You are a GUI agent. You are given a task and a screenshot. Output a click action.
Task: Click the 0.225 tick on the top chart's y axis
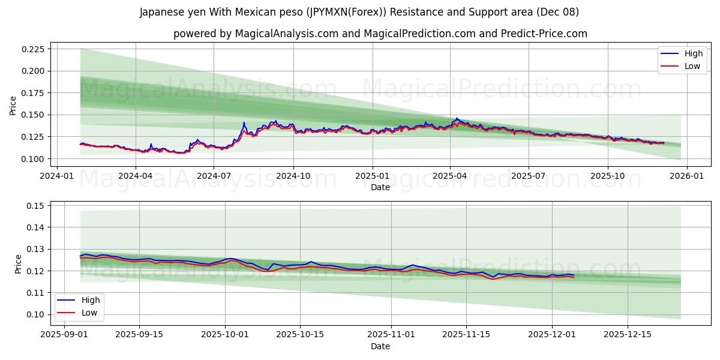[x=34, y=49]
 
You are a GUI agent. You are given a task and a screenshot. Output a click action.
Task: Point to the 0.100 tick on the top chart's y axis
[x=34, y=159]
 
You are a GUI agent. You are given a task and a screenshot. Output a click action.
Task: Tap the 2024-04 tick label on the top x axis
[x=135, y=176]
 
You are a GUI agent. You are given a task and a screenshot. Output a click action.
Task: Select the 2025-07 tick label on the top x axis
[x=528, y=176]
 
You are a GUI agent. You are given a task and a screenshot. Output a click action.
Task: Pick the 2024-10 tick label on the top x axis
[x=293, y=176]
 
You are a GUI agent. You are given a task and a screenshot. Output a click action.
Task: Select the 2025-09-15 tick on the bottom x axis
[x=139, y=335]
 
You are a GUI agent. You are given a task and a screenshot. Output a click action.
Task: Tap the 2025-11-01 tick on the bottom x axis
[x=391, y=335]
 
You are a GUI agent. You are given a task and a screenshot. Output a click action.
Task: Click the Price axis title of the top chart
[x=13, y=106]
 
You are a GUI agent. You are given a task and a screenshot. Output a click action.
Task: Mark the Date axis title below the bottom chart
[x=380, y=346]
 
